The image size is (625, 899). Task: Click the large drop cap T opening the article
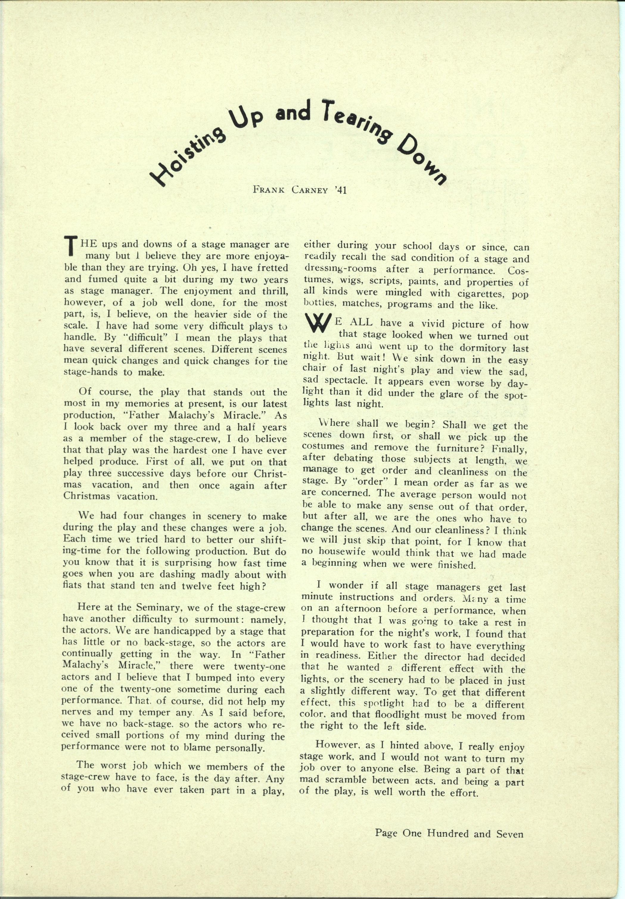tap(71, 245)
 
